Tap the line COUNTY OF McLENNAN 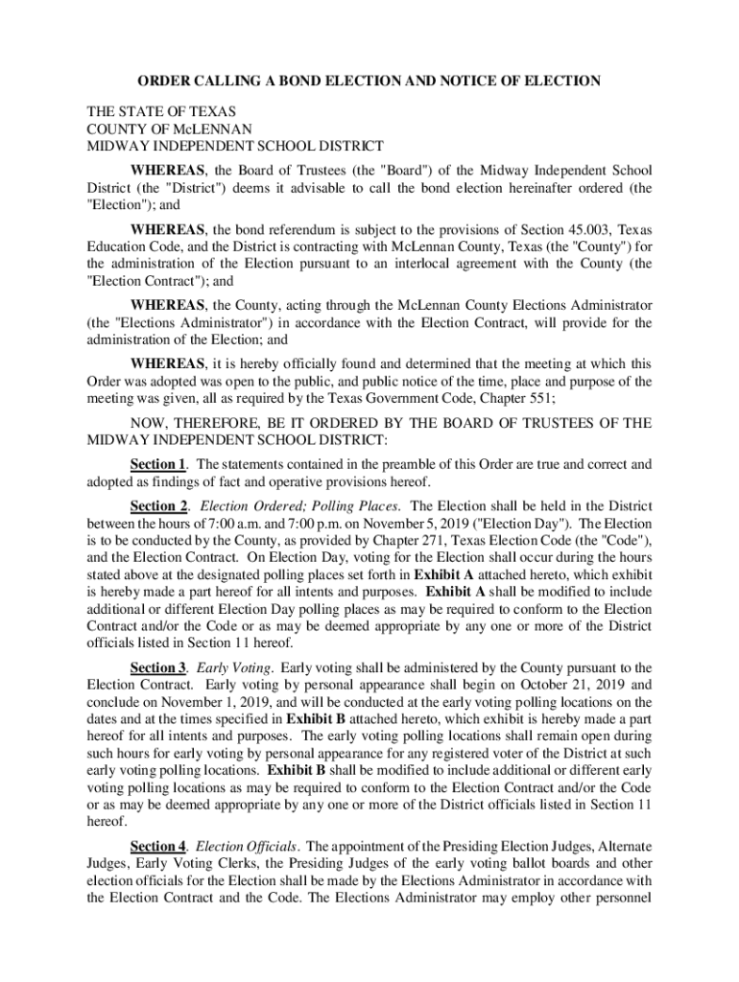170,129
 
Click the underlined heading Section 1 158,465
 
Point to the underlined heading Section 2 158,505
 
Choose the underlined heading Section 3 158,667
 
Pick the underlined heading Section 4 158,847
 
